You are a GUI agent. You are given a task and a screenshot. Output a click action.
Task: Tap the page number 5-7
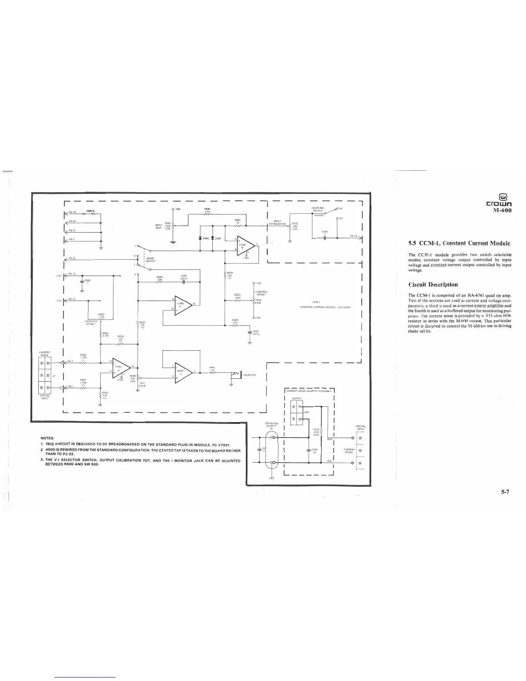(x=505, y=493)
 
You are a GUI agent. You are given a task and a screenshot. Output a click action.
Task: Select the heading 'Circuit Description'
(x=433, y=284)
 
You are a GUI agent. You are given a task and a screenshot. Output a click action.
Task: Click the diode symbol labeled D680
(x=201, y=238)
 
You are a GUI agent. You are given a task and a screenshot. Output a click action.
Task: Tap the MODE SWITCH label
(x=150, y=260)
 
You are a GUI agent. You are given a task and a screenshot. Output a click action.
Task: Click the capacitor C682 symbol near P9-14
(x=82, y=280)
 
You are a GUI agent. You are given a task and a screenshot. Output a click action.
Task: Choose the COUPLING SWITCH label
(x=318, y=209)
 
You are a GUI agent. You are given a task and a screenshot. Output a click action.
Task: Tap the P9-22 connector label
(x=72, y=258)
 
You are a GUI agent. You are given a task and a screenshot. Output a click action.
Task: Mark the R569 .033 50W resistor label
(x=316, y=432)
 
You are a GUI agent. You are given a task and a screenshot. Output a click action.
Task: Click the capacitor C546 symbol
(x=309, y=451)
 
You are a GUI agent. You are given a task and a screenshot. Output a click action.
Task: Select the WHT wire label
(x=330, y=439)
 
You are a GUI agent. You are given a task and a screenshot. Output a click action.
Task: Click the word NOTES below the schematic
(x=47, y=438)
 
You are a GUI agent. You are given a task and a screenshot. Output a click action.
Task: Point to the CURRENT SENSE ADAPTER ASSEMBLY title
(x=309, y=391)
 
